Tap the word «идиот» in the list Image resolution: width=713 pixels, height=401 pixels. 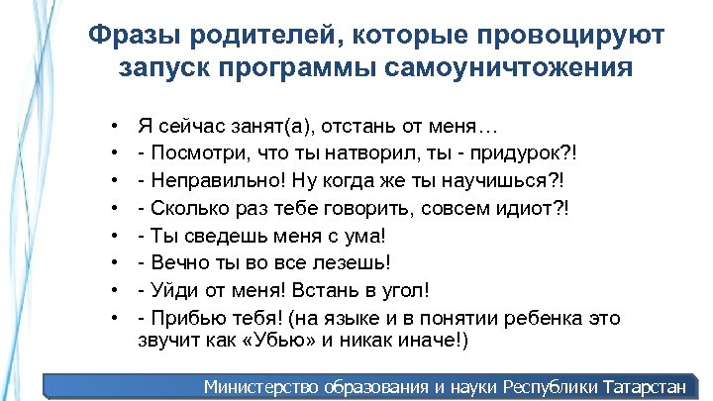point(528,210)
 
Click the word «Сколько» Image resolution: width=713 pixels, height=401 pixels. point(191,210)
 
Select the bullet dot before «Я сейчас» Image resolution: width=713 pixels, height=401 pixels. point(116,129)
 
